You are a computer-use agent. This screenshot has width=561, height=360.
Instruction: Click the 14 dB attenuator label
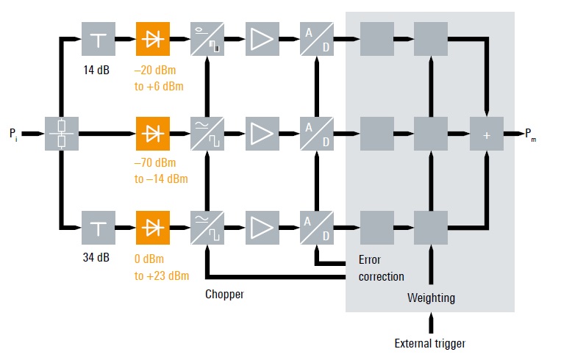click(x=98, y=72)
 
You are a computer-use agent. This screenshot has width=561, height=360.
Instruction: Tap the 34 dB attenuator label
click(x=98, y=258)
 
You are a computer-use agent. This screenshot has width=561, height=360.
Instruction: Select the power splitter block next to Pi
click(x=62, y=134)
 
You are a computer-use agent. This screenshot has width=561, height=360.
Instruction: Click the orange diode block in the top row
click(x=153, y=40)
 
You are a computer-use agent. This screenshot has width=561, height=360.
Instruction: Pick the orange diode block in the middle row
click(x=153, y=134)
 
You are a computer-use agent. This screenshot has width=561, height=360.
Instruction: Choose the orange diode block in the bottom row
click(x=153, y=228)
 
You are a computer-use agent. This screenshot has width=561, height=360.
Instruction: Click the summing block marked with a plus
click(x=486, y=134)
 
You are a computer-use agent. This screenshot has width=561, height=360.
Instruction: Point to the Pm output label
click(x=530, y=134)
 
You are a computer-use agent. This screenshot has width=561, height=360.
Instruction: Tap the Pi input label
click(x=14, y=134)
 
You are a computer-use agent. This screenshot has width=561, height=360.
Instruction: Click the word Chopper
click(x=224, y=294)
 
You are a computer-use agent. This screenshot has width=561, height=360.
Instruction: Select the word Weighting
click(x=432, y=298)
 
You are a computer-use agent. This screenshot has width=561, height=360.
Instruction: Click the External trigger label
click(x=430, y=343)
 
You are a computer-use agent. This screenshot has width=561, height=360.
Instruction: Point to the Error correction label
click(x=381, y=268)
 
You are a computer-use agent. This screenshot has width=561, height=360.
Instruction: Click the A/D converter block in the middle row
click(x=318, y=134)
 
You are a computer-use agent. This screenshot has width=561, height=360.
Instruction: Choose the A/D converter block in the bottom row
click(x=318, y=228)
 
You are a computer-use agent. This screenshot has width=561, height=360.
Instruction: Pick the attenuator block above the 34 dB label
click(x=98, y=228)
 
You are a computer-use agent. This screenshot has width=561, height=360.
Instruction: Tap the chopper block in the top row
click(x=207, y=40)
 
